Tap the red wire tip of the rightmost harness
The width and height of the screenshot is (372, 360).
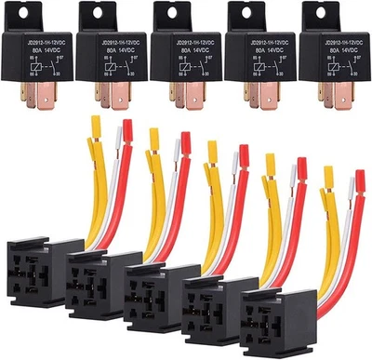coord(359,177)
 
